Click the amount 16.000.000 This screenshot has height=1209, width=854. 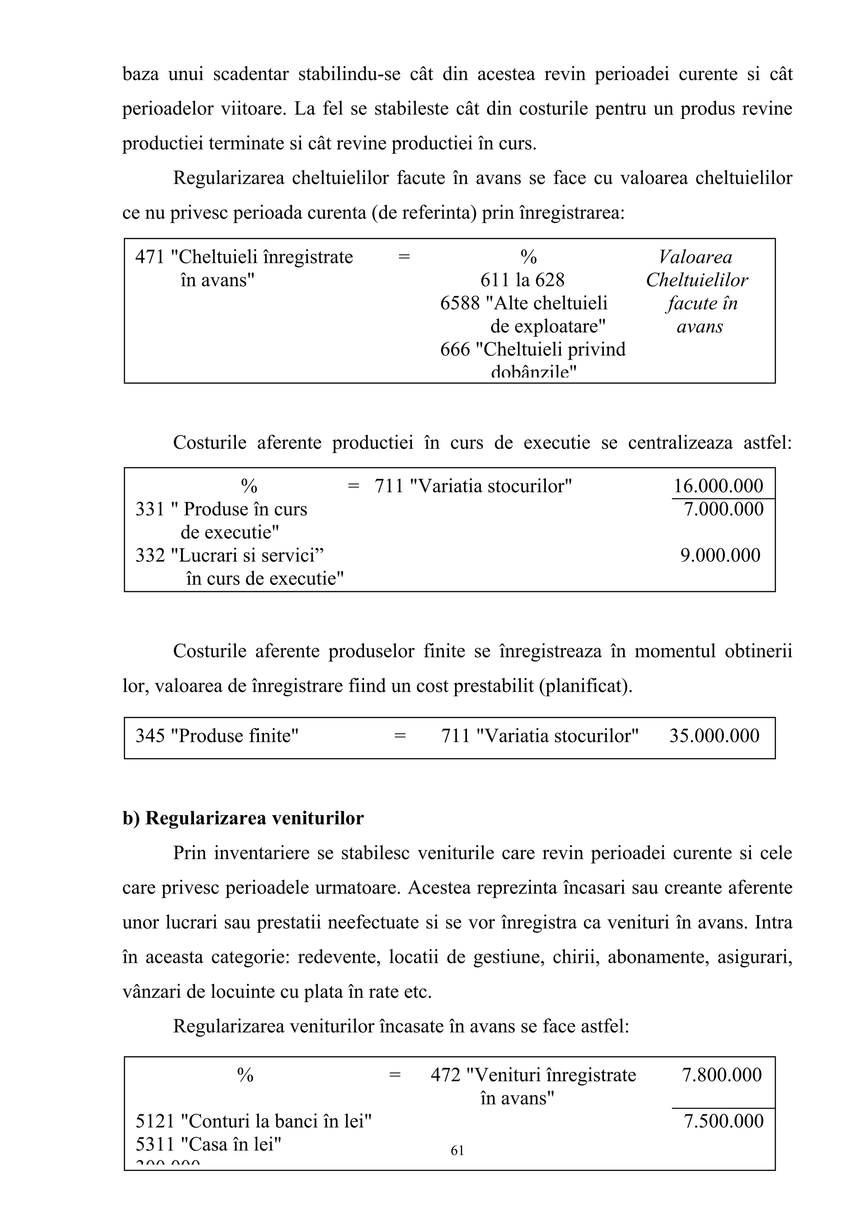pos(718,486)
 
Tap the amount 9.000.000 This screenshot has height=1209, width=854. pos(720,556)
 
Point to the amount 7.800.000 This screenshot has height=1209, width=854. pos(721,1075)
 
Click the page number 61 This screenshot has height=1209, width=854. pos(457,1151)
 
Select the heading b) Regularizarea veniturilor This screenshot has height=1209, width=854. pos(243,818)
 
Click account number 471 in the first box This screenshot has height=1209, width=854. pos(150,257)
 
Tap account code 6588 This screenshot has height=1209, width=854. pos(460,303)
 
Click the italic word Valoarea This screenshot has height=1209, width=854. pos(695,257)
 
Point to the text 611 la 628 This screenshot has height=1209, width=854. pos(522,280)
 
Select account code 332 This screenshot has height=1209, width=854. pos(150,556)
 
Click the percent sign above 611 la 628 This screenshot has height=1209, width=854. pos(528,257)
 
